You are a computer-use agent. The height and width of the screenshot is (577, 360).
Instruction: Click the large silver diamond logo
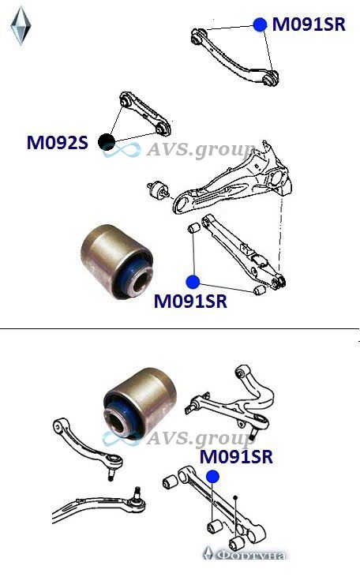pos(21,27)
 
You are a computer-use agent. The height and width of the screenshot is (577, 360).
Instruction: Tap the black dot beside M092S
pos(107,141)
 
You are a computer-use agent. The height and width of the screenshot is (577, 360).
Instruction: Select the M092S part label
pos(58,142)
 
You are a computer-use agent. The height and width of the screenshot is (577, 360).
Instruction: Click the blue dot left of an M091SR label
pos(260,24)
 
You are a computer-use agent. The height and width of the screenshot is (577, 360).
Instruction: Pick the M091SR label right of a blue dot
pos(309,24)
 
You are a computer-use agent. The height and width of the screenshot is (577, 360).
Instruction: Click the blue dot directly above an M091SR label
pos(193,283)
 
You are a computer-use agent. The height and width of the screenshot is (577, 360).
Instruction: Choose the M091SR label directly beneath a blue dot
pos(190,301)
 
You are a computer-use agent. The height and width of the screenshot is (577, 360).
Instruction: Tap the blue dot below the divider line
pos(212,477)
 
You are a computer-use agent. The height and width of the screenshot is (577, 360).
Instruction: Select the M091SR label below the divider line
pos(236,457)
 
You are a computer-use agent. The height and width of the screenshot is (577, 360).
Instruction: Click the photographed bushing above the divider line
pos(116,261)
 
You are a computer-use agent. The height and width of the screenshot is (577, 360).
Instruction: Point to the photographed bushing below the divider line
pos(140,403)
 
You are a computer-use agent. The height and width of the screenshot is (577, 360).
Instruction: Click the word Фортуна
pos(251,555)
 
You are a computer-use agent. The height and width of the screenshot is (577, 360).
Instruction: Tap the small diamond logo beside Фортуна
pos(208,553)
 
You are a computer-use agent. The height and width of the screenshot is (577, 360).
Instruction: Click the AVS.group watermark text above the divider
pos(201,151)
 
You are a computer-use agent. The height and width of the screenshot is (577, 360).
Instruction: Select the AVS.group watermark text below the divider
pos(201,438)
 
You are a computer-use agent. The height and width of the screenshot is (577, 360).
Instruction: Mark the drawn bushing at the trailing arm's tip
pos(159,189)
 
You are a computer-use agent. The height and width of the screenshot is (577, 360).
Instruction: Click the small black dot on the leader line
pos(235,497)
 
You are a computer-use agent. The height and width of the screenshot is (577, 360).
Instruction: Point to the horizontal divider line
pos(179,328)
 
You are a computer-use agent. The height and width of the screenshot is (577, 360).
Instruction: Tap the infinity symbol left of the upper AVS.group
pos(122,150)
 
